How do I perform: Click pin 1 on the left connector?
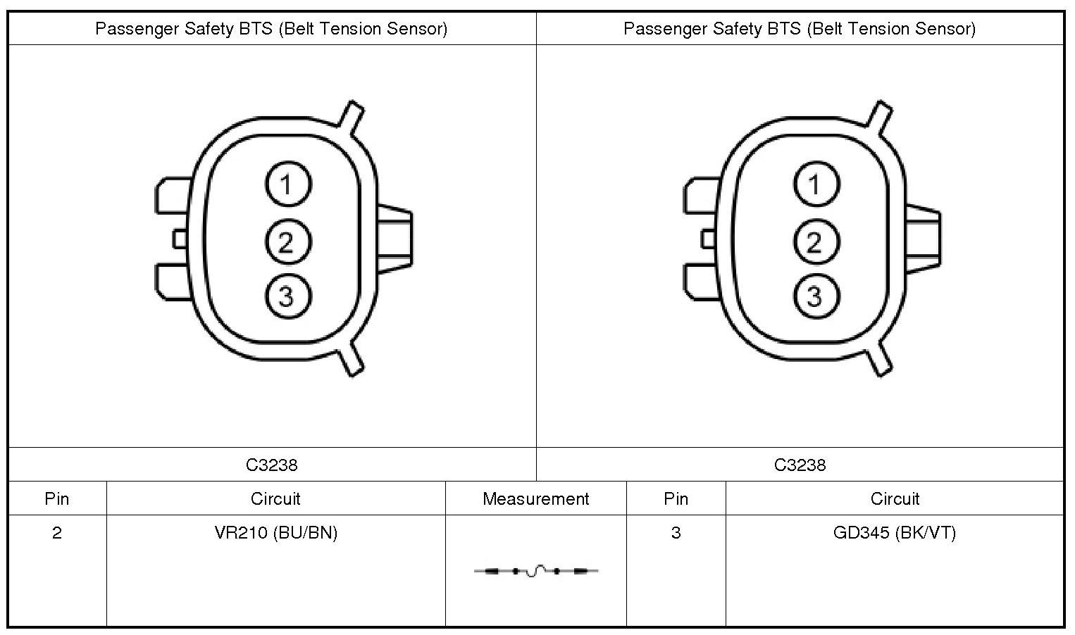[x=288, y=184]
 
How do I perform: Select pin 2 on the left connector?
[x=288, y=241]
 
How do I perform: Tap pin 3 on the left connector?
[x=288, y=296]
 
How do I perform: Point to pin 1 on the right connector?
[x=816, y=184]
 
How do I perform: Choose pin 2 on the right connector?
[x=816, y=241]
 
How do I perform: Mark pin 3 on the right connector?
[x=816, y=296]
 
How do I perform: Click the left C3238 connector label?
[x=272, y=465]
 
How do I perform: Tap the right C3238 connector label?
[x=800, y=465]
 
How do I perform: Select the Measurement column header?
[x=535, y=499]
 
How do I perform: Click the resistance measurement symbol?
[x=536, y=571]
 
